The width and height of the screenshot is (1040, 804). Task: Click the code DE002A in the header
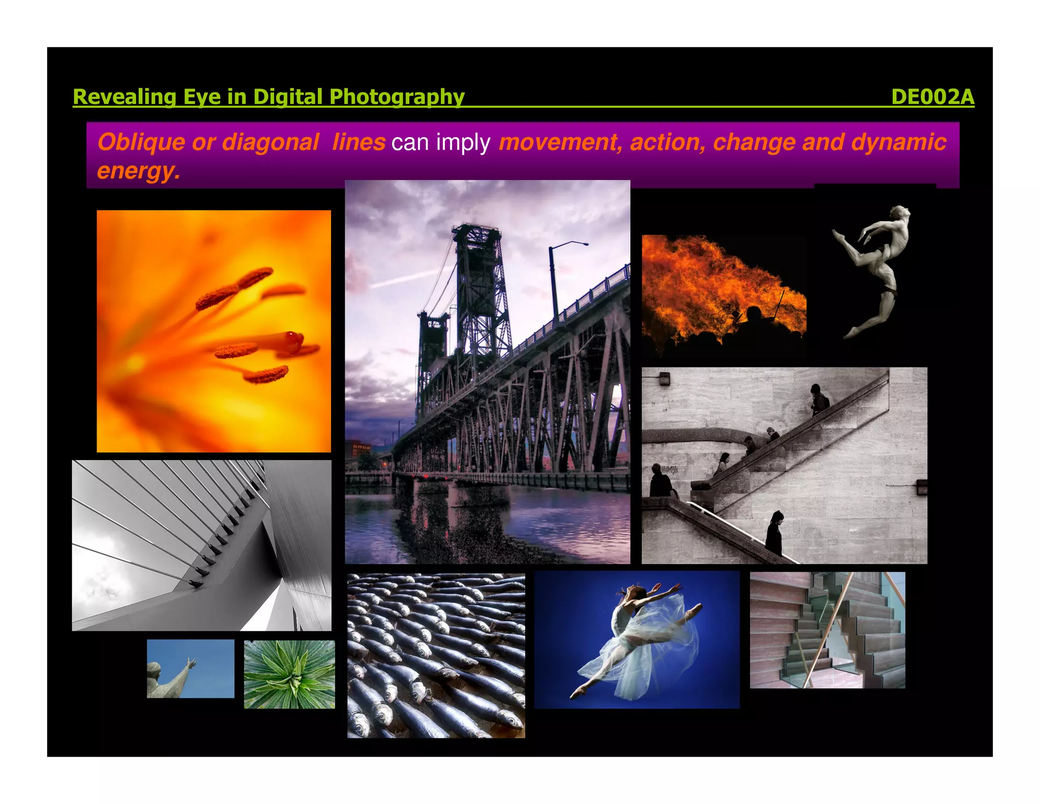click(x=932, y=97)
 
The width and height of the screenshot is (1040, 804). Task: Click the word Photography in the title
click(x=397, y=97)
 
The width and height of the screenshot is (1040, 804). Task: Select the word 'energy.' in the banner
click(x=138, y=171)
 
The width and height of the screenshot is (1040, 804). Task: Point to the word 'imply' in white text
click(x=463, y=142)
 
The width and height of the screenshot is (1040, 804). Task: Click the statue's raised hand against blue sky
click(x=191, y=663)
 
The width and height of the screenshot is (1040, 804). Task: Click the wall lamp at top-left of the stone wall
click(x=664, y=378)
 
